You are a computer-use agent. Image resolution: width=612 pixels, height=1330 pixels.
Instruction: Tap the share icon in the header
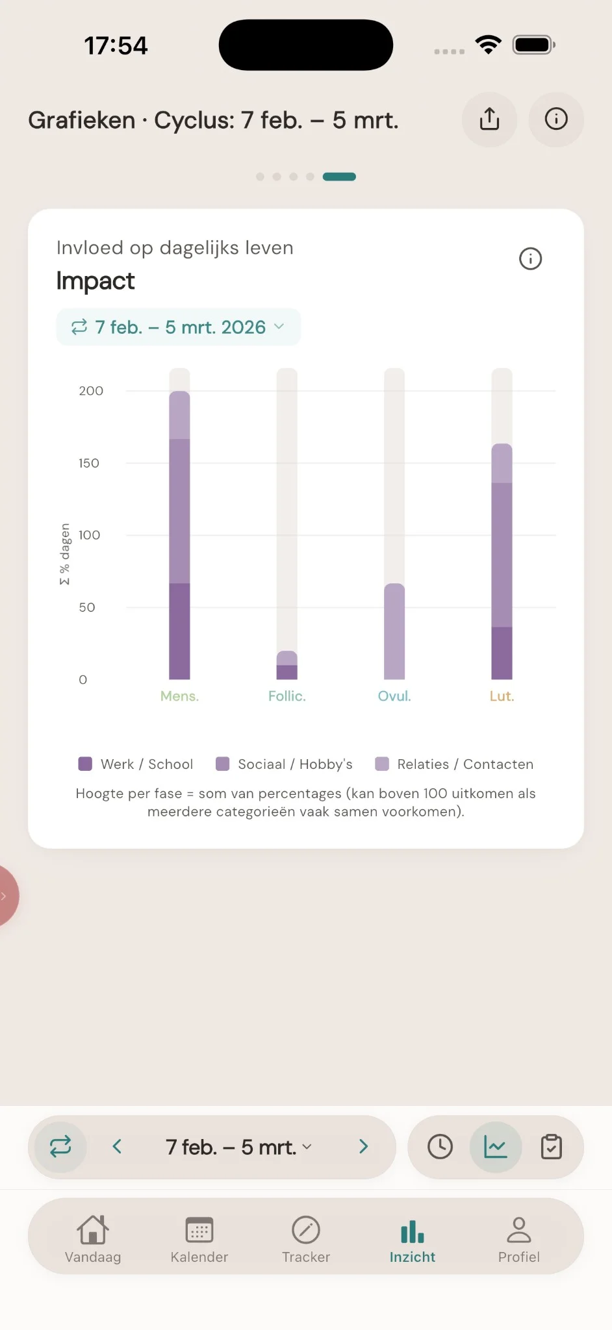pos(489,119)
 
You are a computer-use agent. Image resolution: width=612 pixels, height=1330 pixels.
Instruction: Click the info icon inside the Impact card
pos(530,258)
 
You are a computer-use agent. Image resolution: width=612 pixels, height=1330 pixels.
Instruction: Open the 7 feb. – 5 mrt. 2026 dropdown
pos(178,327)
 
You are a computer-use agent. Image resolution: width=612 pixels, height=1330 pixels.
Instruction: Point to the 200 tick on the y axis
pos(91,391)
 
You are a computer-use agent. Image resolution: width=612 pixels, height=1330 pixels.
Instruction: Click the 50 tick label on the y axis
pos(87,607)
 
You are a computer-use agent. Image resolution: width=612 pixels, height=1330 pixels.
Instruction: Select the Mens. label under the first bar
pos(179,696)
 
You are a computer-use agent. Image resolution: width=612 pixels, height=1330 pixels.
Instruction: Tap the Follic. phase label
pos(287,696)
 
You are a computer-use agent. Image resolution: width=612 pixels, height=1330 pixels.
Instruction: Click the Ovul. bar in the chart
pos(394,631)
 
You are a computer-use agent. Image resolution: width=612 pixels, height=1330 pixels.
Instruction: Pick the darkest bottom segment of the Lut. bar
pos(502,653)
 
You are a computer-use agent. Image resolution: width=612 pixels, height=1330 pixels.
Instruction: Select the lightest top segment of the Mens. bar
pos(179,416)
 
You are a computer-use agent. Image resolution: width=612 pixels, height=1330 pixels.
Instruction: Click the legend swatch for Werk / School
pos(85,764)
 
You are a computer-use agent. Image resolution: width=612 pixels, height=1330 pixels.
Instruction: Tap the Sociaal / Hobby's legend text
pos(295,764)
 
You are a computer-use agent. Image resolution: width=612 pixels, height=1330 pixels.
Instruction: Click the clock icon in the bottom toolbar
pos(440,1147)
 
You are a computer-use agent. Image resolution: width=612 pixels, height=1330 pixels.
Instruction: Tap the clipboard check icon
pos(551,1147)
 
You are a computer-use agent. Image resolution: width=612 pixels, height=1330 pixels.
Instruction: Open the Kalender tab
pos(199,1239)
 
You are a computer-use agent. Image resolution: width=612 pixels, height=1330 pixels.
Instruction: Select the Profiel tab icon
pos(518,1230)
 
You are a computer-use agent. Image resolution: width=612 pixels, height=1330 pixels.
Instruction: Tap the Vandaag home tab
pos(93,1239)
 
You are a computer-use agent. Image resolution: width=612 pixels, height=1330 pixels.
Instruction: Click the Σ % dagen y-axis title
pos(64,554)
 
